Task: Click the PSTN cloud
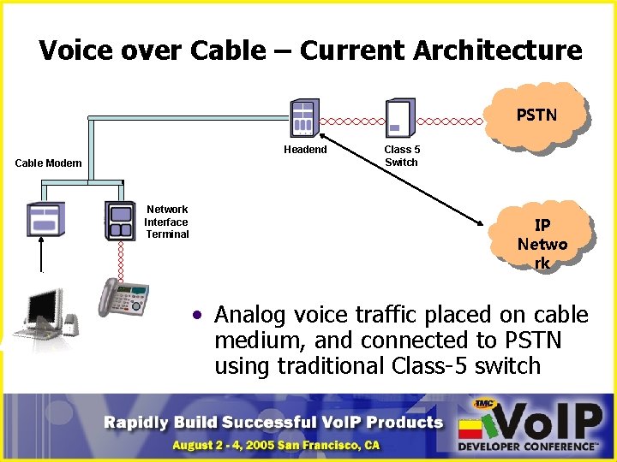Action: point(536,115)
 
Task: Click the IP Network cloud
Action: point(542,244)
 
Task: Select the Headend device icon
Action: point(304,117)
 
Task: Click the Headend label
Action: point(305,150)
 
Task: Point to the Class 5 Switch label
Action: point(402,156)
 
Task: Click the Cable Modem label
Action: point(49,163)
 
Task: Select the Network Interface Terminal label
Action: point(167,222)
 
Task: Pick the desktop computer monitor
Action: point(43,310)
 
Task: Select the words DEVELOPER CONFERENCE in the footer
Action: point(527,447)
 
